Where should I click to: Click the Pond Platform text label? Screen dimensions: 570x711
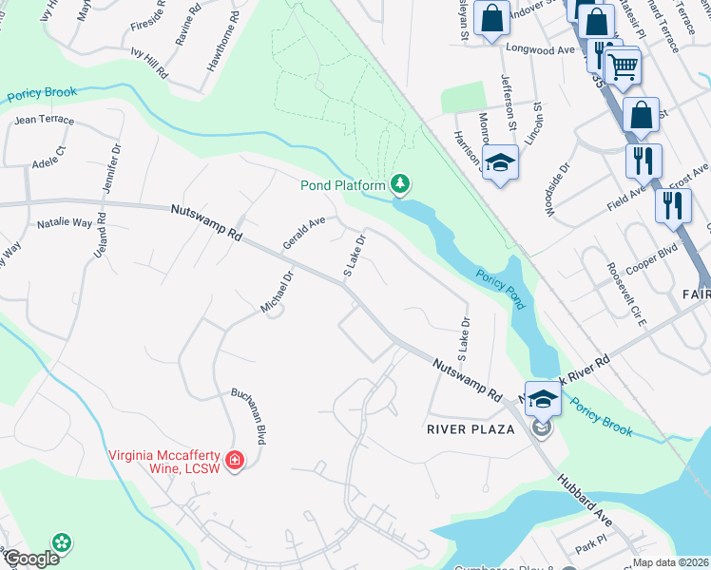coord(342,184)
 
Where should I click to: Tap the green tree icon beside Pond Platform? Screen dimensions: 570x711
coord(401,183)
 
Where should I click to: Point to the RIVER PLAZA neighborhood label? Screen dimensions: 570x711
coord(470,429)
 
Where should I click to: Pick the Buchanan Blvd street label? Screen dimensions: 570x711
coord(246,415)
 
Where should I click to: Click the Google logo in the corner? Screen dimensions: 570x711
coord(30,559)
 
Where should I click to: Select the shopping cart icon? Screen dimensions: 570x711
coord(623,67)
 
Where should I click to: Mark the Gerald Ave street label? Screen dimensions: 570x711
coord(303,233)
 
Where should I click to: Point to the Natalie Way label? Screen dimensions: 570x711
coord(65,223)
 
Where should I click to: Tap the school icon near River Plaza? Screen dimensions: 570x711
coord(543,399)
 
